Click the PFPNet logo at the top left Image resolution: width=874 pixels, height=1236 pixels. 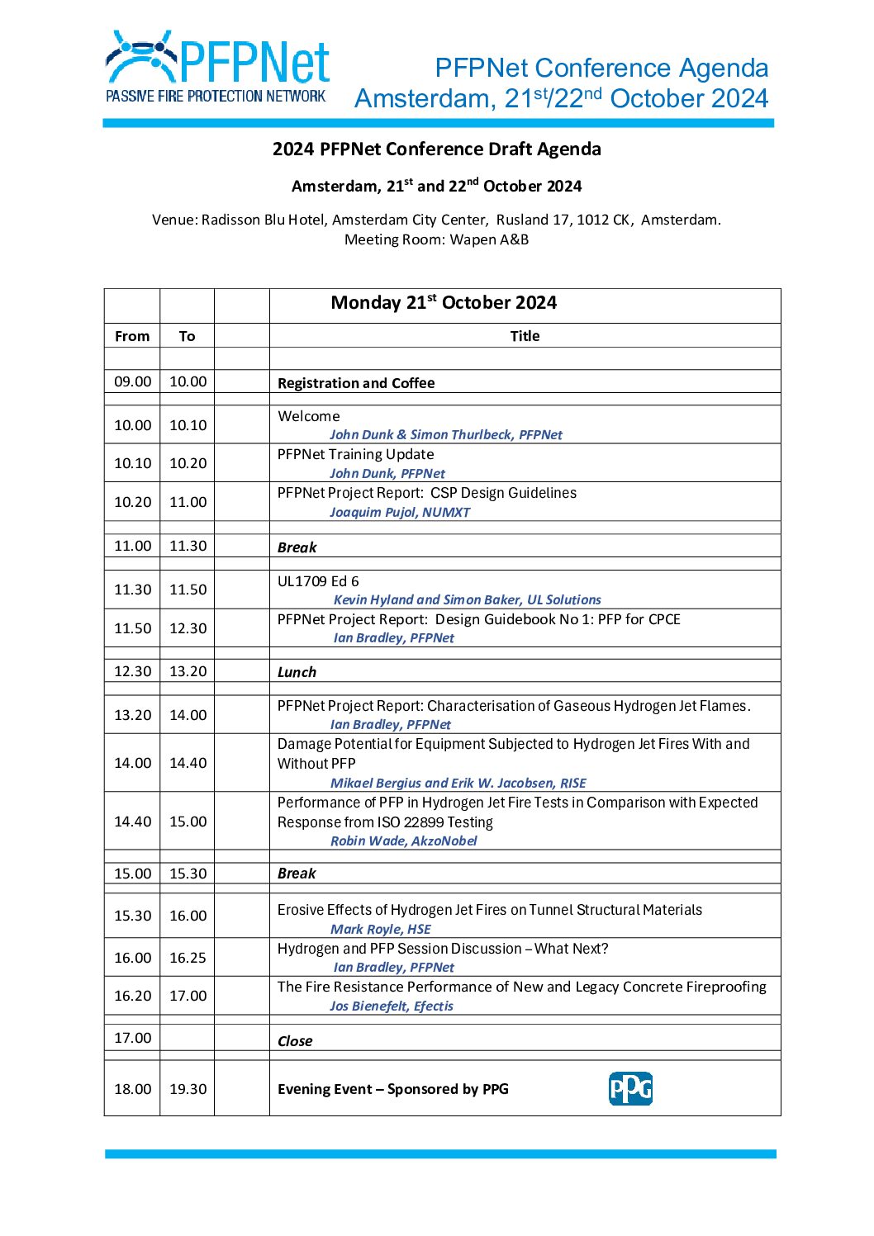coord(217,66)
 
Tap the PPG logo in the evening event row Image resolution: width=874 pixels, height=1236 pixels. coord(630,1088)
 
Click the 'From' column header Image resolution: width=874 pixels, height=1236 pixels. coord(132,336)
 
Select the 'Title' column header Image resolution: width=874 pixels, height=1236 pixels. coord(525,336)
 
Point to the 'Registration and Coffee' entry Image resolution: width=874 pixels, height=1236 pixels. coord(356,383)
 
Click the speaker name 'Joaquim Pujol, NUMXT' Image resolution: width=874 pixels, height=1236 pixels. coord(400,512)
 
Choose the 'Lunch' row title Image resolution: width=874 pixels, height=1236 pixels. coord(297,672)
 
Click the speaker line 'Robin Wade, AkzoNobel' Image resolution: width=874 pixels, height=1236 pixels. coord(404,841)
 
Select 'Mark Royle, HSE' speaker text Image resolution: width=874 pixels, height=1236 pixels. coord(381,929)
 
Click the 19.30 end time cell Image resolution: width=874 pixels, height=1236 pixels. coord(188,1089)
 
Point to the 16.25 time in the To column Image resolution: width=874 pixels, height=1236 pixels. coord(188,958)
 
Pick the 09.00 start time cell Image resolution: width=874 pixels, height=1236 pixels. coord(132,381)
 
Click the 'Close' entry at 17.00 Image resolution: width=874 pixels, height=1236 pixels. coord(295,1041)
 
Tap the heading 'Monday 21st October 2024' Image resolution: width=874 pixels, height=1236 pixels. coord(444,303)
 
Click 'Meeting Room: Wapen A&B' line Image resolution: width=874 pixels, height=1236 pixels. coord(436,239)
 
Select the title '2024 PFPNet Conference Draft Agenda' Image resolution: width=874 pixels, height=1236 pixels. coord(436,149)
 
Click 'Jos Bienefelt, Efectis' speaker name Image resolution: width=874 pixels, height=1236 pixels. coord(392,1006)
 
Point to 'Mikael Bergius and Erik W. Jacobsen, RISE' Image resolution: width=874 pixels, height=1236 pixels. coord(458,783)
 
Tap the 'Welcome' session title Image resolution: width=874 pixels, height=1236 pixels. coord(309,416)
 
